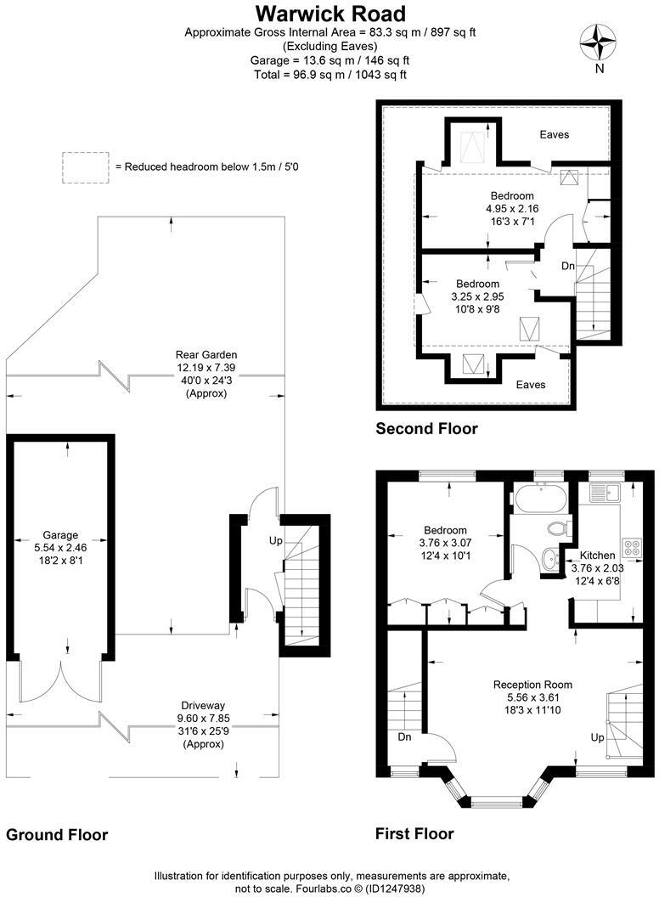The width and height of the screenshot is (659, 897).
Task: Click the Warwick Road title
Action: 331,14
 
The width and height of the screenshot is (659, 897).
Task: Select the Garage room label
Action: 60,535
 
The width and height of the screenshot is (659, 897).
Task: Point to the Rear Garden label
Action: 206,354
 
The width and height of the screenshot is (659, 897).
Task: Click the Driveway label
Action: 202,705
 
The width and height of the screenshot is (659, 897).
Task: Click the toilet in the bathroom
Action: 558,528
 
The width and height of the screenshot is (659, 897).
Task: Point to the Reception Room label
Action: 533,684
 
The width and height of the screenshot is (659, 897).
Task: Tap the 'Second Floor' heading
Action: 426,429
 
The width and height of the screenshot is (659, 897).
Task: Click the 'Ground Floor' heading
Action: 57,835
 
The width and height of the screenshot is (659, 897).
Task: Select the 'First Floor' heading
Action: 414,833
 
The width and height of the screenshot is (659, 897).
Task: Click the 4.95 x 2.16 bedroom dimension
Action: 512,208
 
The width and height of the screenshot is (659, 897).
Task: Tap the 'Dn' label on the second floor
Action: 568,266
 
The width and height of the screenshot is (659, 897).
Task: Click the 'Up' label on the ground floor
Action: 275,540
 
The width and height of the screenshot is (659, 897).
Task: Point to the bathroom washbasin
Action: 549,558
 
